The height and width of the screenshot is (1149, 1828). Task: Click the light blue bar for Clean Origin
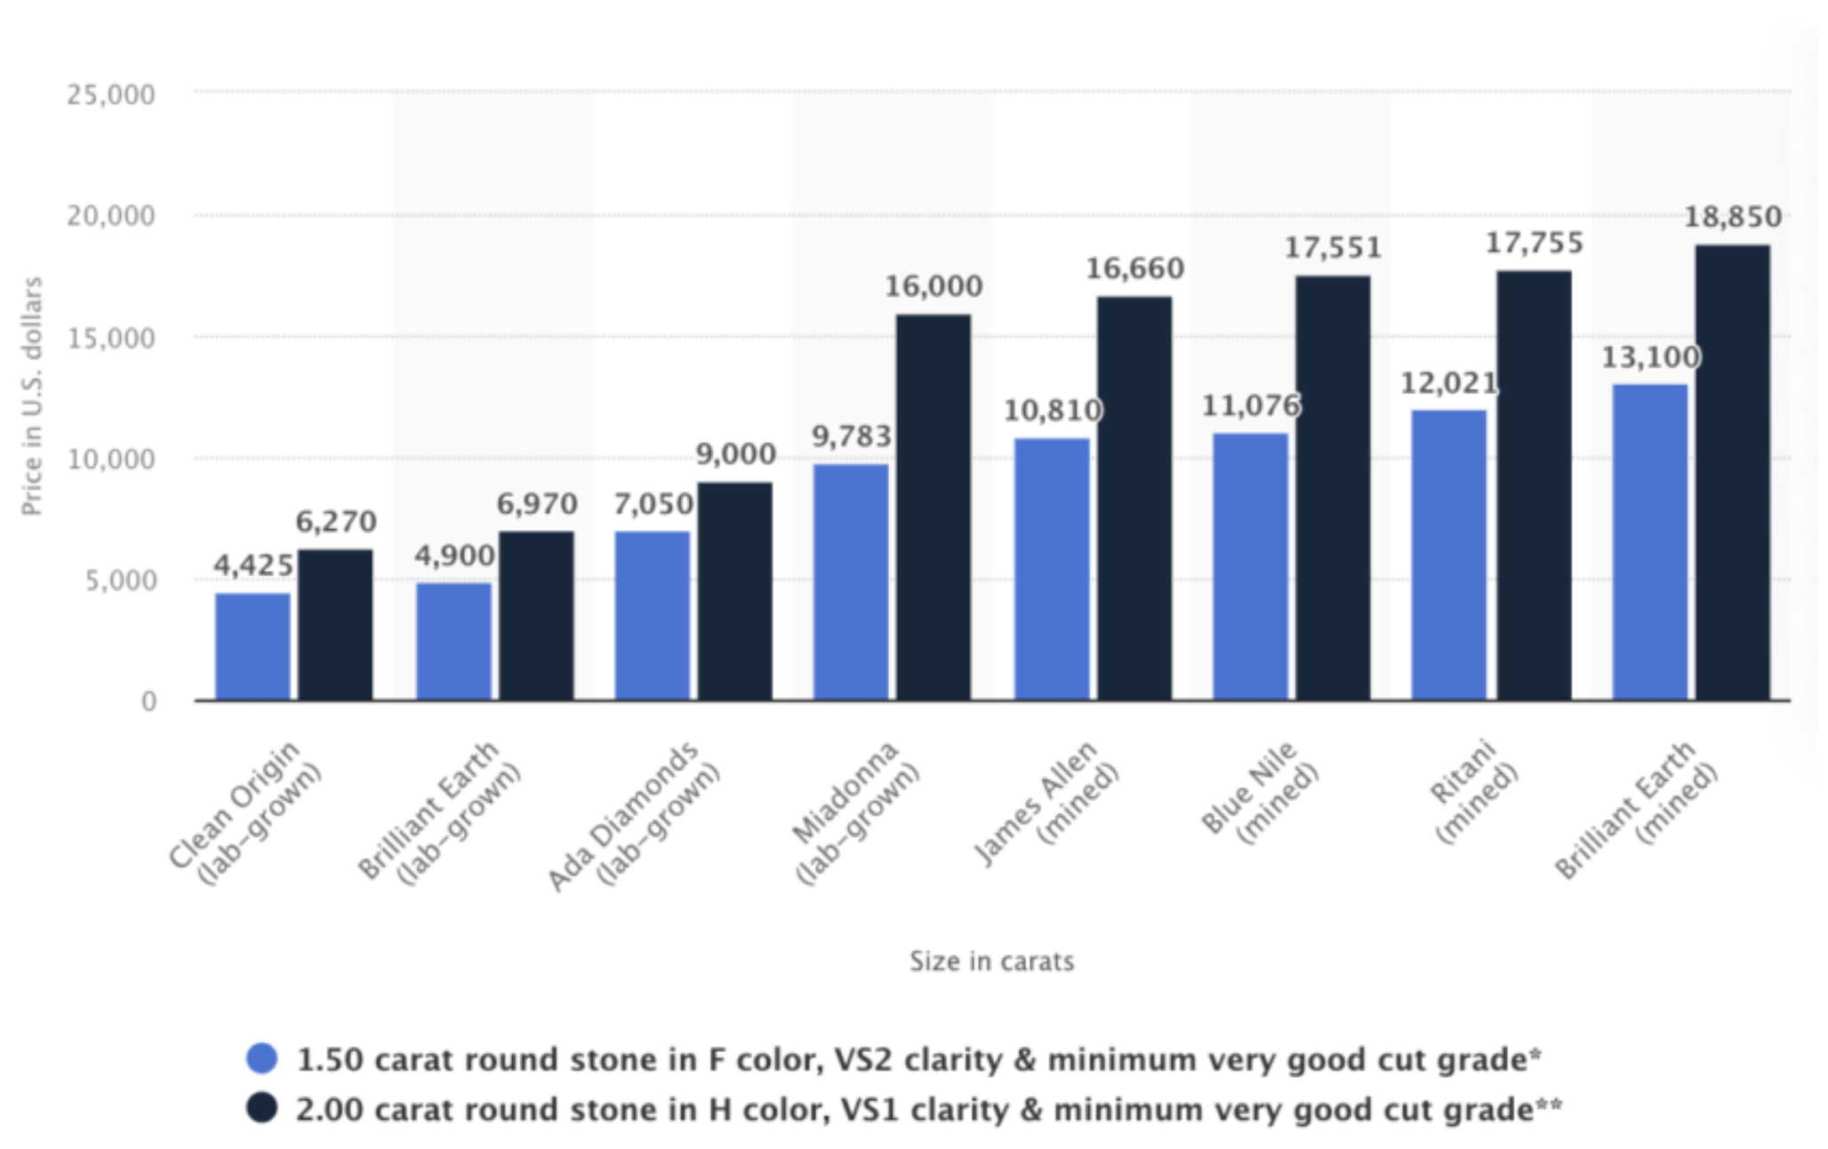click(253, 647)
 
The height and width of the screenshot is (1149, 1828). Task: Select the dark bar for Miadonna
click(934, 508)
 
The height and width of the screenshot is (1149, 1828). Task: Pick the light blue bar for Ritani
click(1448, 556)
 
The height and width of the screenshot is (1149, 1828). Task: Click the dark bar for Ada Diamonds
click(734, 591)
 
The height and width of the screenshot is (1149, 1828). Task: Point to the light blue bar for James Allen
click(1052, 569)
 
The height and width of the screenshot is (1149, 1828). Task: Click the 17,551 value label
click(1333, 248)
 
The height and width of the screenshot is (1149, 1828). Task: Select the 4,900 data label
click(454, 557)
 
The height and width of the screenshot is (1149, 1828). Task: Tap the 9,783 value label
click(851, 437)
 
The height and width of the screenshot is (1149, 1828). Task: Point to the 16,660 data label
click(1135, 269)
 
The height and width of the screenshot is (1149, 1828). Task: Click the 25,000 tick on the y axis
click(111, 94)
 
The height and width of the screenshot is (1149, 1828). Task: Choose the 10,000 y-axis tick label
click(111, 460)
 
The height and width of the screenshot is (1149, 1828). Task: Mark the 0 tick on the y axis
click(148, 702)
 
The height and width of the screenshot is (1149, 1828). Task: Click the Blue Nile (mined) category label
click(1260, 791)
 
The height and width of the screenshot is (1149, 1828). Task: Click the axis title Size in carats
click(991, 961)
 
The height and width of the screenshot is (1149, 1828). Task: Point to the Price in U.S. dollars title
click(32, 396)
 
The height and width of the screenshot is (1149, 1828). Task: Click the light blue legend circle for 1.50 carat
click(262, 1058)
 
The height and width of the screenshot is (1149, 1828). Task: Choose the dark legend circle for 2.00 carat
click(262, 1108)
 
